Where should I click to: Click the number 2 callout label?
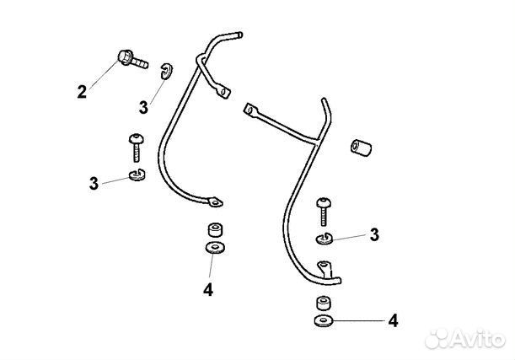(x=82, y=92)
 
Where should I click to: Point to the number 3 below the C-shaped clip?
(x=144, y=107)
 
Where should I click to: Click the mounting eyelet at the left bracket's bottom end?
(x=216, y=202)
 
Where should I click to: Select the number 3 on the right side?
(x=374, y=234)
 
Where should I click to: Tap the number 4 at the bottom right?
(x=391, y=321)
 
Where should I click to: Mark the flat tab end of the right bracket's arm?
(x=249, y=108)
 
